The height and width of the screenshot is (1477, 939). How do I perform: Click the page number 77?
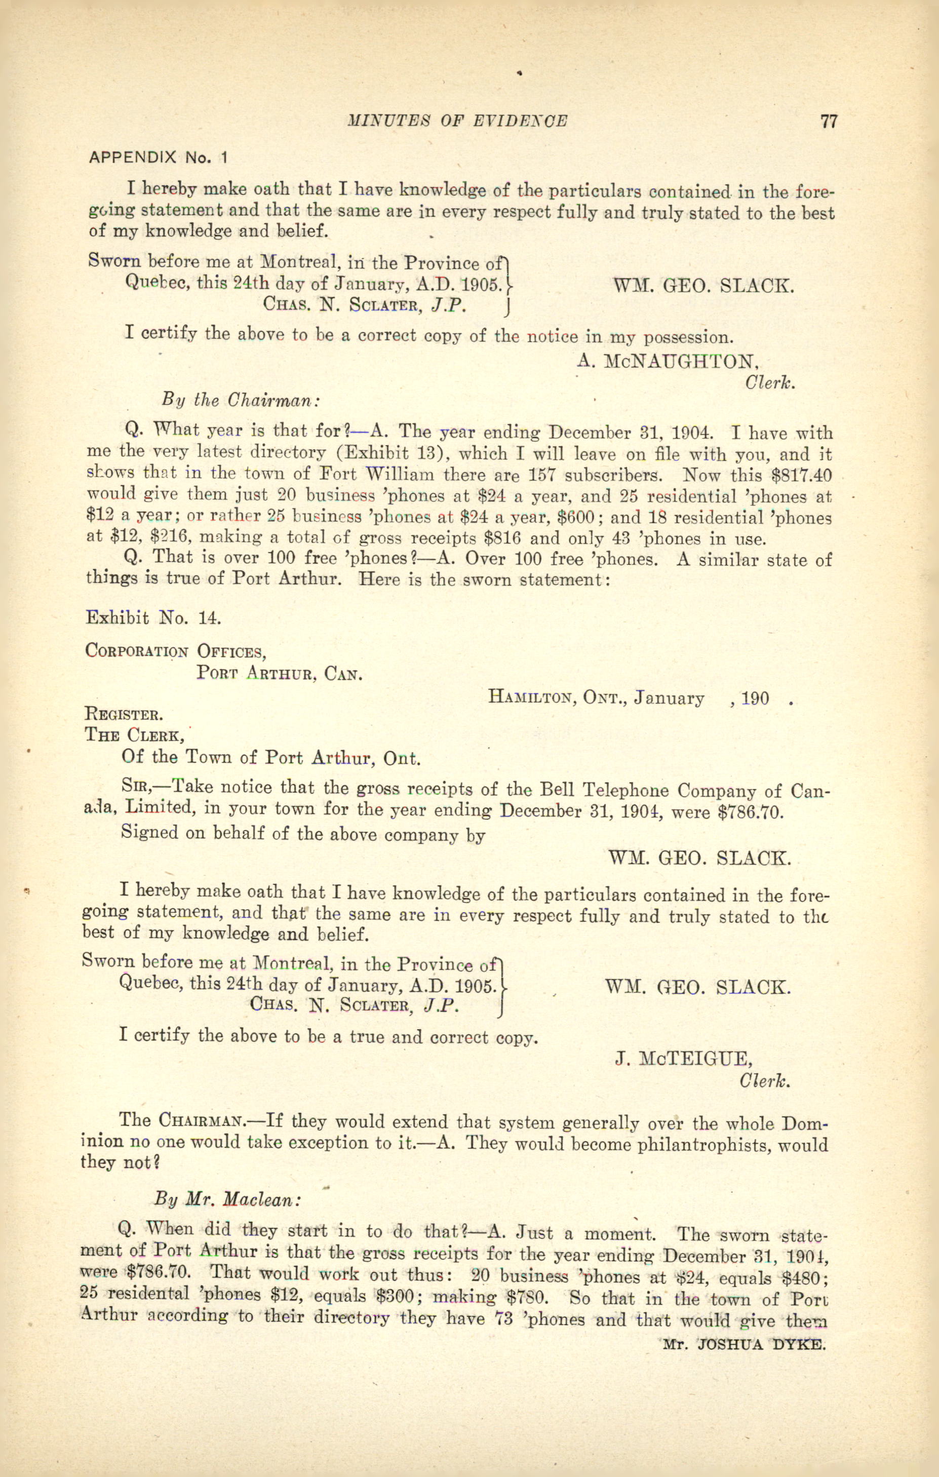(828, 122)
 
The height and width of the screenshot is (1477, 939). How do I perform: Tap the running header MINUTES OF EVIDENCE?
(457, 122)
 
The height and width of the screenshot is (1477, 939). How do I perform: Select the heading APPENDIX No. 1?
(158, 158)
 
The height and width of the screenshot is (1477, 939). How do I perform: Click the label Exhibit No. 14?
(153, 617)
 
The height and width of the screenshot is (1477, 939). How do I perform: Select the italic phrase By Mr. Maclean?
(227, 1198)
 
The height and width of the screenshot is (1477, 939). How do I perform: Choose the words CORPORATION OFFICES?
(175, 650)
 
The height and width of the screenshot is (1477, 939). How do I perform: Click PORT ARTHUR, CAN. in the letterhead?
(279, 674)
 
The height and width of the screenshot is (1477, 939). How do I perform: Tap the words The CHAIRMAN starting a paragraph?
(181, 1120)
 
